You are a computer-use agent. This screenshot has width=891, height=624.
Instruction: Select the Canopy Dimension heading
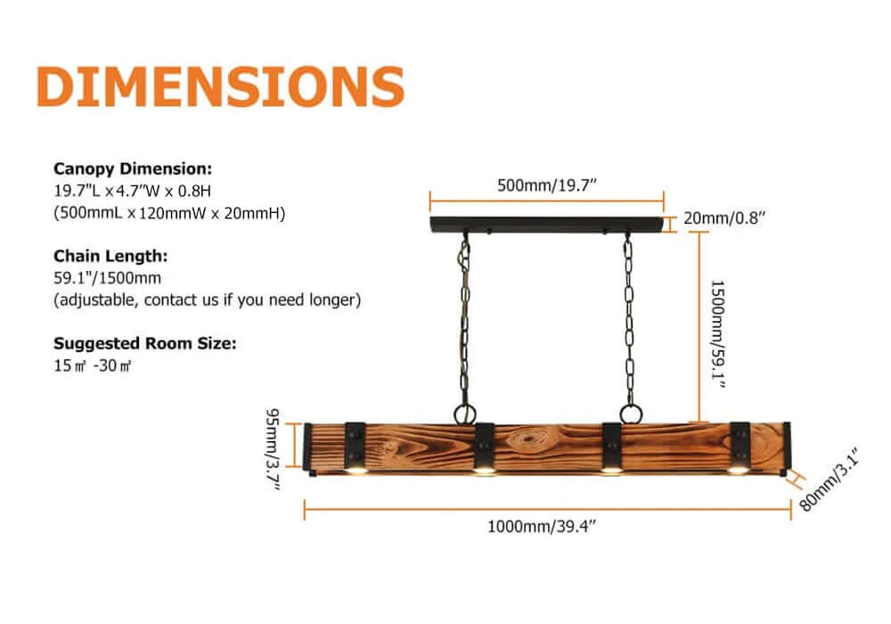pos(133,168)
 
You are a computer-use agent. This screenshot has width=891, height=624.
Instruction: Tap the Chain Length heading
pos(110,256)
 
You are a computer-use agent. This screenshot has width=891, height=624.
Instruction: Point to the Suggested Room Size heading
pos(145,343)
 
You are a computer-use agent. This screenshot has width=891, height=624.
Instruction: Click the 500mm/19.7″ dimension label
pos(546,185)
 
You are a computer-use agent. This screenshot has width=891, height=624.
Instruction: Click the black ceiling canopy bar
pos(546,224)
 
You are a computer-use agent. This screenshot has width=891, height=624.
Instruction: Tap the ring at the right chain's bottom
pos(630,415)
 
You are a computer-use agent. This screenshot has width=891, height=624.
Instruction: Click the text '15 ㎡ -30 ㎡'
pos(93,365)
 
